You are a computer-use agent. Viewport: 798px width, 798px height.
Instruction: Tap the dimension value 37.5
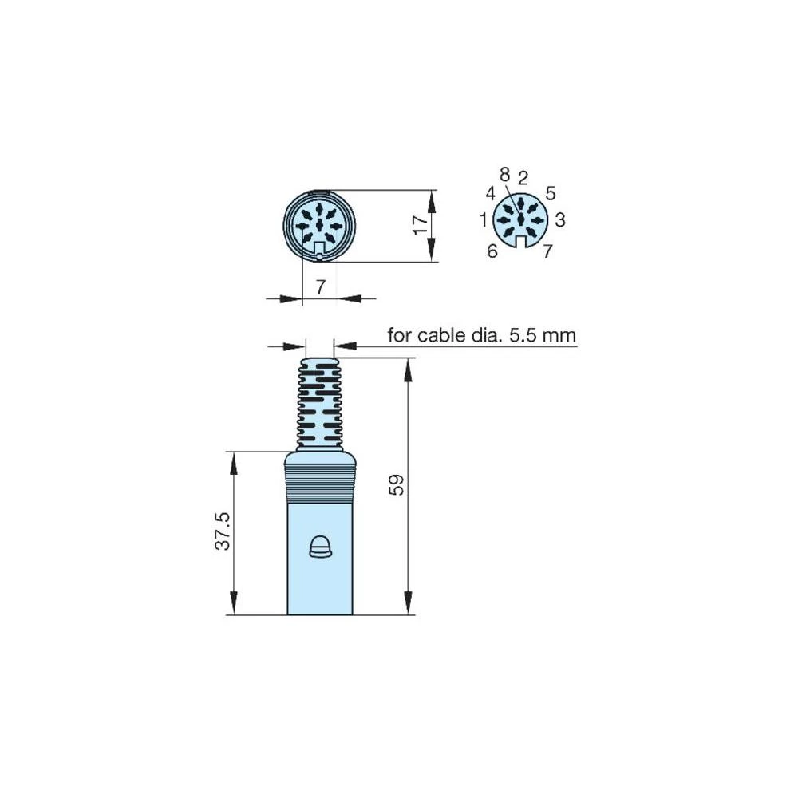pyautogui.click(x=223, y=531)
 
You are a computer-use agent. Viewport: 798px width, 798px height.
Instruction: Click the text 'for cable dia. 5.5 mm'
pyautogui.click(x=481, y=335)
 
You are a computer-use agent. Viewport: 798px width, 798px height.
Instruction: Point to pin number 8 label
pyautogui.click(x=504, y=173)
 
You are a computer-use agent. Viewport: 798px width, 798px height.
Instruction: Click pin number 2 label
pyautogui.click(x=523, y=176)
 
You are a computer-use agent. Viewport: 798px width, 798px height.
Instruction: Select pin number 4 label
pyautogui.click(x=491, y=193)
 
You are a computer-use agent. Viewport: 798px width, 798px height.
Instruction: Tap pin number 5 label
pyautogui.click(x=551, y=193)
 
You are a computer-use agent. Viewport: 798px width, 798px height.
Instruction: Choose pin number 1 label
pyautogui.click(x=484, y=219)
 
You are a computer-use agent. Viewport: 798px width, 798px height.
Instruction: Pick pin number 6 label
pyautogui.click(x=492, y=251)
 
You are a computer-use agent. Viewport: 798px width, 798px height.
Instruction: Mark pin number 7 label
pyautogui.click(x=547, y=251)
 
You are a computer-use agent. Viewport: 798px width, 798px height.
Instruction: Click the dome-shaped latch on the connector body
pyautogui.click(x=320, y=547)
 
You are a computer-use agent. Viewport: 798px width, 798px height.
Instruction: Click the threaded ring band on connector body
pyautogui.click(x=320, y=484)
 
